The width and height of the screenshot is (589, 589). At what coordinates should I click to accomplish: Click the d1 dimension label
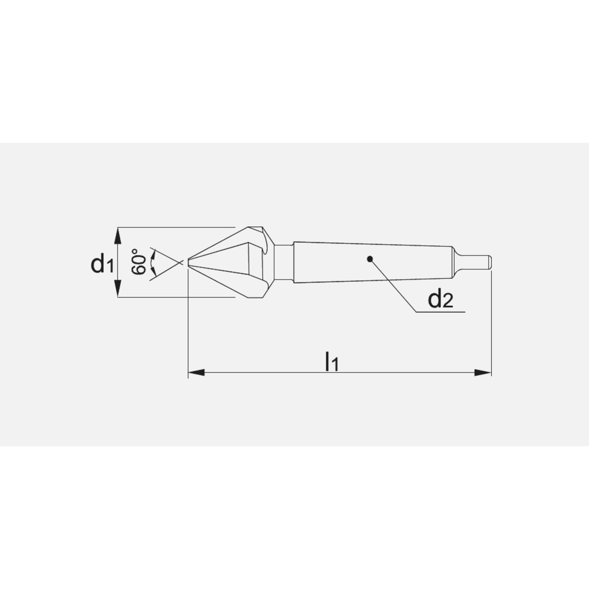102,263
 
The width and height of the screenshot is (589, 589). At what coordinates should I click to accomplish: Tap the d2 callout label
441,299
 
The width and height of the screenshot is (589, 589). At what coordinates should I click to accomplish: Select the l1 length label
332,362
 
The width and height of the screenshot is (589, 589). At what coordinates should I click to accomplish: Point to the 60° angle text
139,262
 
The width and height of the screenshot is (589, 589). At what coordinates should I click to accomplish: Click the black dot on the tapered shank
370,259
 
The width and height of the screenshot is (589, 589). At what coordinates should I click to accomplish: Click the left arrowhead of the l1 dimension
196,373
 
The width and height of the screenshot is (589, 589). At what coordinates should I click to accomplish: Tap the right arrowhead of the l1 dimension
483,373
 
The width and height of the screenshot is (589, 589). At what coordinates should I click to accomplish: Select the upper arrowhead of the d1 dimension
118,236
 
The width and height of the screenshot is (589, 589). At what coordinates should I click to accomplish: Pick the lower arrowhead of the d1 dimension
118,288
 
